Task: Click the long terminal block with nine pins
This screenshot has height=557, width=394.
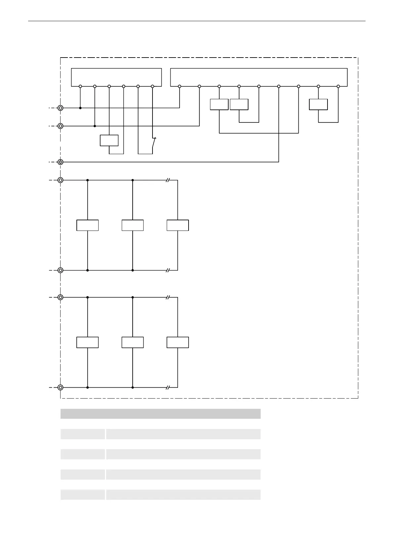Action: click(259, 77)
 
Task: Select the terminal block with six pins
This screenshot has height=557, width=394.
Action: click(116, 77)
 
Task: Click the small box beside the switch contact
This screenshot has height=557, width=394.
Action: click(109, 141)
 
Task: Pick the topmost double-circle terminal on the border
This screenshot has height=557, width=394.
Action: click(61, 108)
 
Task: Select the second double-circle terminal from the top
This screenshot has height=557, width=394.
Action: click(61, 126)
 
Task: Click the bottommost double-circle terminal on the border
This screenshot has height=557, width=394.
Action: click(61, 387)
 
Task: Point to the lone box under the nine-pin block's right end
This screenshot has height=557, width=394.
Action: click(318, 105)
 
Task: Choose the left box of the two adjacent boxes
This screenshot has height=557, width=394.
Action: click(219, 105)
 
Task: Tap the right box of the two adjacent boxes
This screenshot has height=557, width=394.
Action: click(239, 105)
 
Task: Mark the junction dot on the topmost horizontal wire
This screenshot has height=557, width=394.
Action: click(80, 108)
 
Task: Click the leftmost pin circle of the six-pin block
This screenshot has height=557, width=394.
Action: click(80, 86)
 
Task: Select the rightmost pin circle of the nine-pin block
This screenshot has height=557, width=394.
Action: click(338, 86)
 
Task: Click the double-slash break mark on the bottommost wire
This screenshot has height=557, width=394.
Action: click(168, 387)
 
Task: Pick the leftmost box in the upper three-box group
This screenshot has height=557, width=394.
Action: click(88, 225)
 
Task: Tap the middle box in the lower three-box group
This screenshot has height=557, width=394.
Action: click(133, 342)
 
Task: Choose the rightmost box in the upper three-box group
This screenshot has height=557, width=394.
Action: click(178, 225)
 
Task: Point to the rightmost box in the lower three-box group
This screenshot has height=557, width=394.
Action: click(178, 342)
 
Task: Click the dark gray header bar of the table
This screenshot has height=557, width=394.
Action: click(160, 414)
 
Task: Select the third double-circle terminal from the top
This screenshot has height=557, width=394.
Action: click(61, 162)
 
